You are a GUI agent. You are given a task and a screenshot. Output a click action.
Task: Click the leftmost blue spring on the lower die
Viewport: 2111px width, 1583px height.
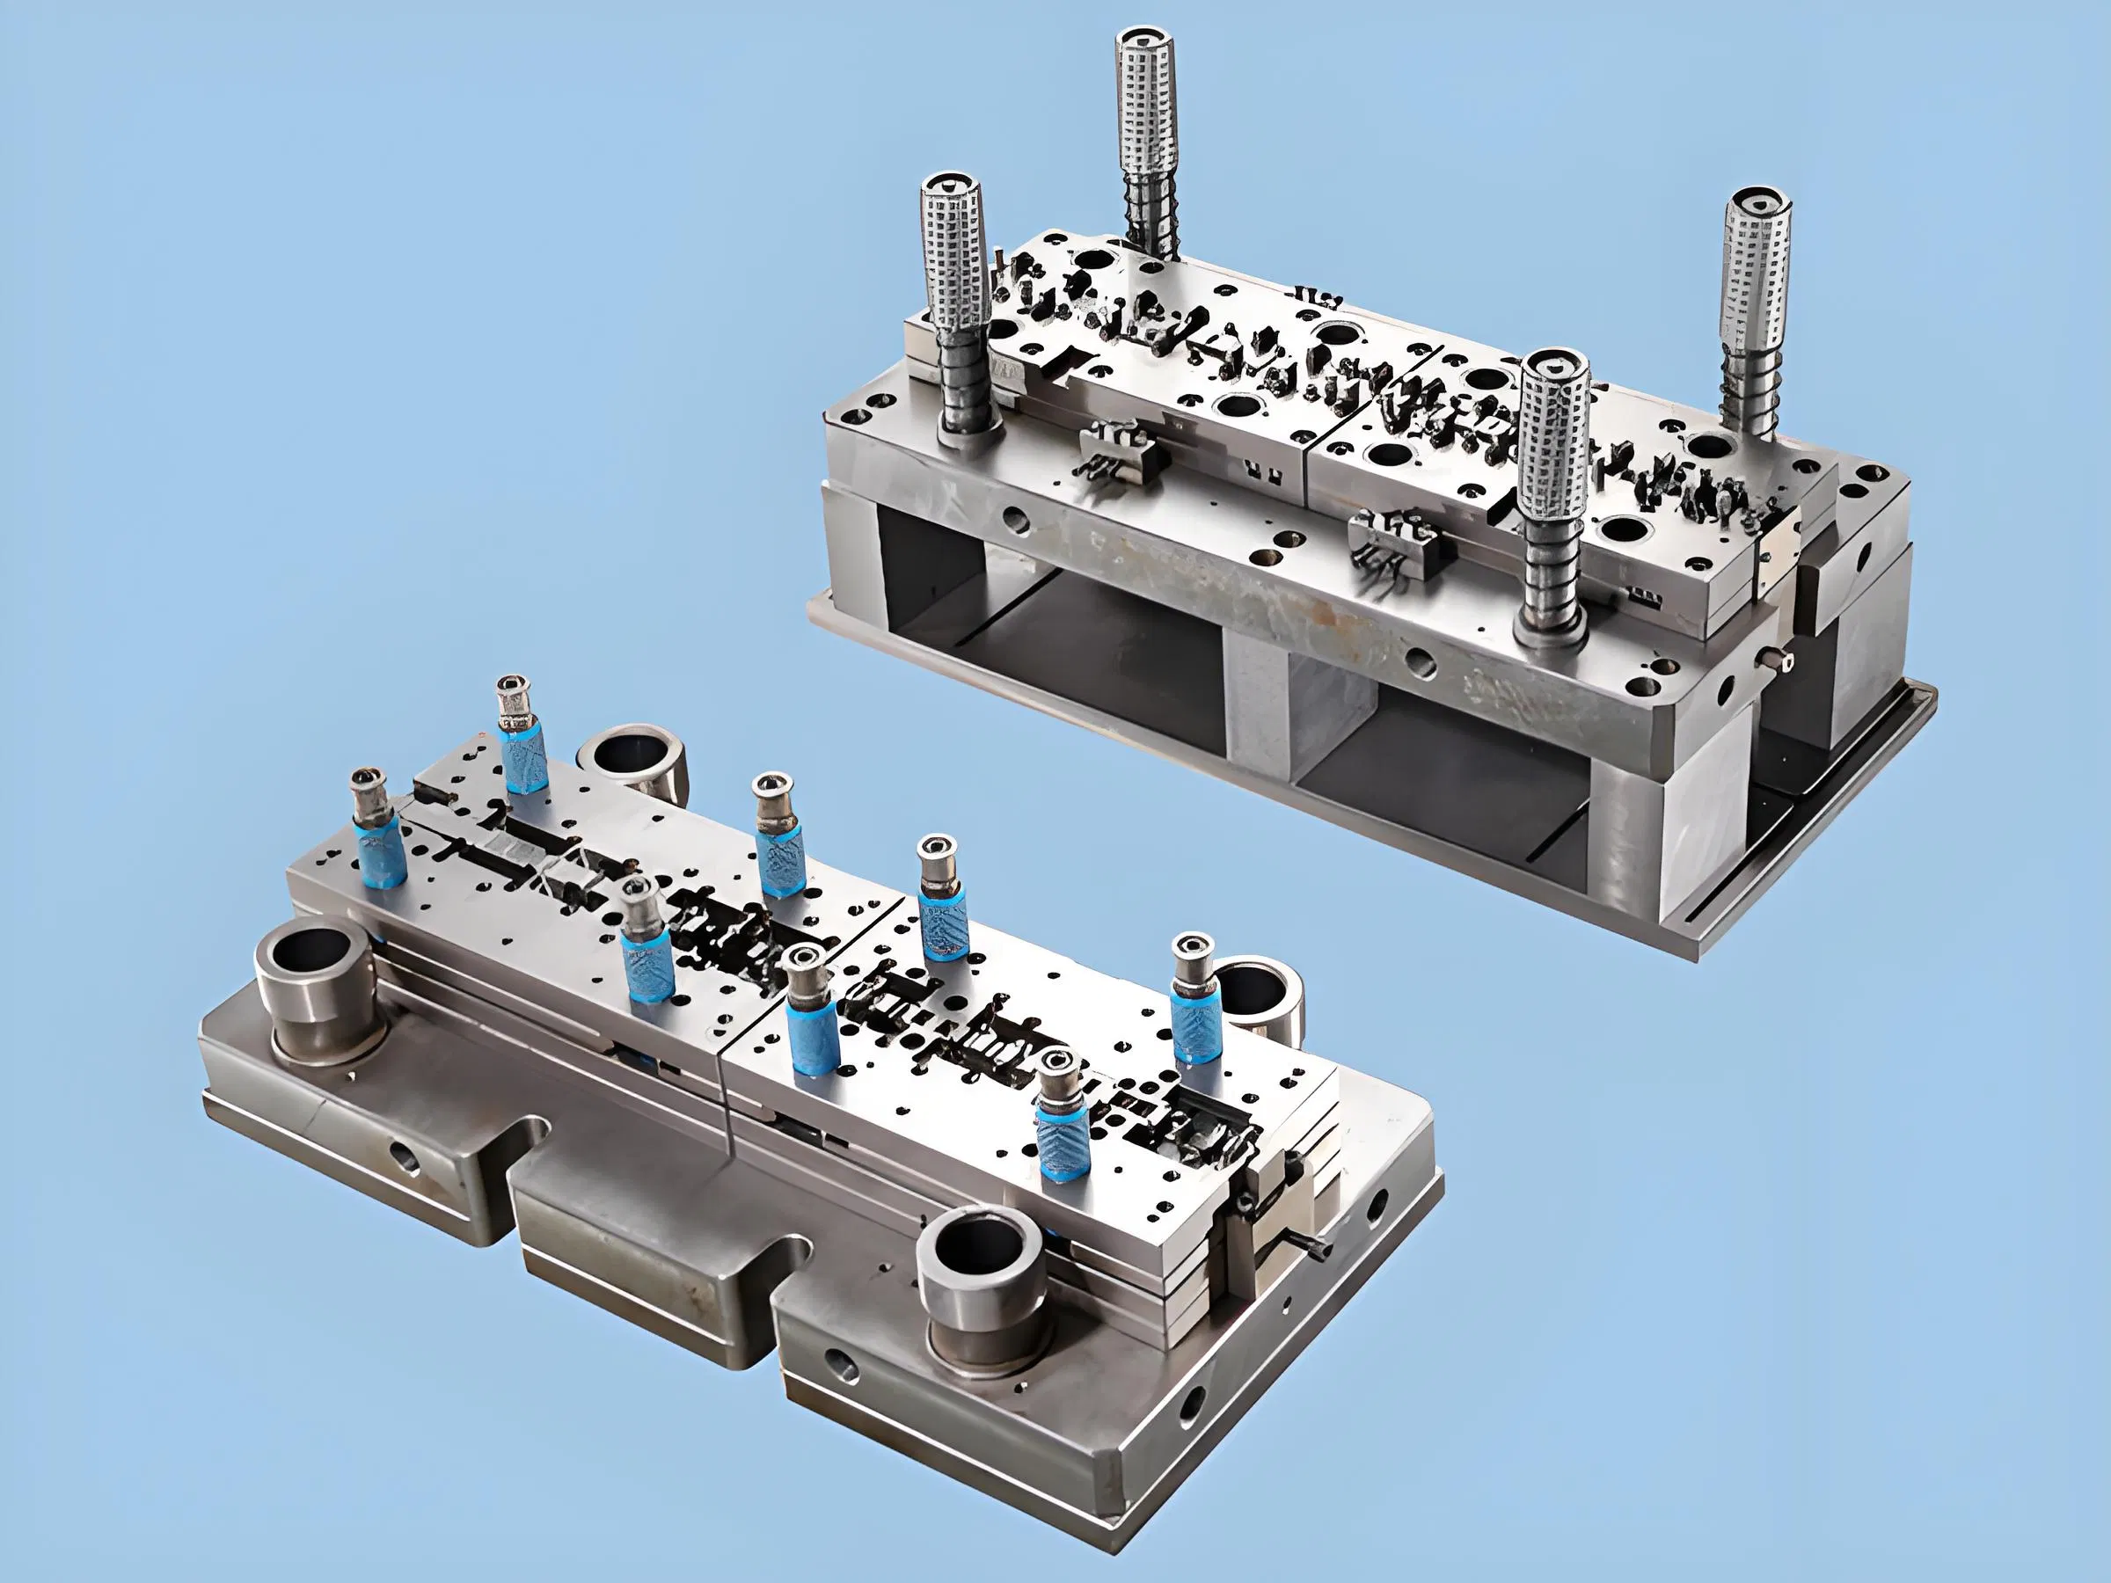click(382, 854)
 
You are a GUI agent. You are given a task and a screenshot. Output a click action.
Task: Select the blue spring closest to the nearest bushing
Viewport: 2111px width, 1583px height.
click(1062, 1141)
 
